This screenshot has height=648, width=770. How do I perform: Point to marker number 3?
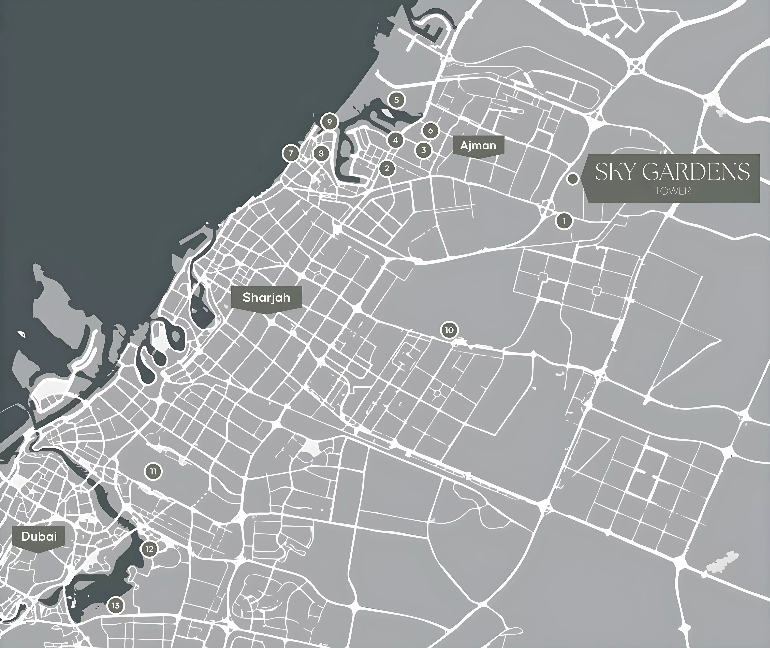(423, 150)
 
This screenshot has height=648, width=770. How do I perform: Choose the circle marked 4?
(395, 140)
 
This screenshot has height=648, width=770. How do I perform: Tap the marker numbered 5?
(396, 100)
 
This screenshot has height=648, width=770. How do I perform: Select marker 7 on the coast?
(291, 153)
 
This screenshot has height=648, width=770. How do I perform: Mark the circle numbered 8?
(321, 153)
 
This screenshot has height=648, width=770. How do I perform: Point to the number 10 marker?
(449, 330)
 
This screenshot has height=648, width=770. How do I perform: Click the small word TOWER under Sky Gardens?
(673, 191)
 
